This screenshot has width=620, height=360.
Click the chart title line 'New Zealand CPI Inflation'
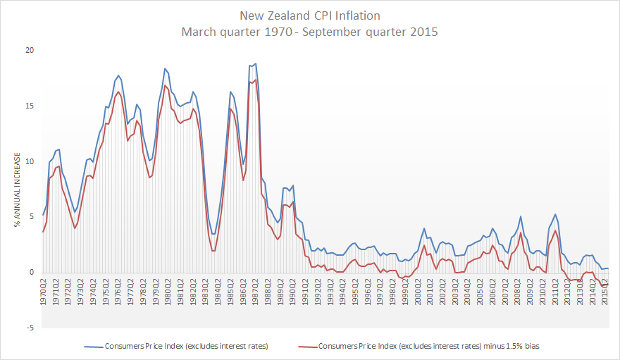click(x=309, y=15)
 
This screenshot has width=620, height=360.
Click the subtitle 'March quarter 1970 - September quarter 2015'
click(x=309, y=31)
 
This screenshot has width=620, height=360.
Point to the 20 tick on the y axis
click(x=29, y=51)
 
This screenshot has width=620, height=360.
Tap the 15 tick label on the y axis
click(x=29, y=106)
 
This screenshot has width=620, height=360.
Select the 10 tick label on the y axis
click(x=29, y=161)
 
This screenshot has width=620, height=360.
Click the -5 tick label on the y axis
click(x=29, y=328)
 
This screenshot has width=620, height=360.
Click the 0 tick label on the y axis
click(x=30, y=273)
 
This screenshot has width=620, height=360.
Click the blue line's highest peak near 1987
click(x=255, y=63)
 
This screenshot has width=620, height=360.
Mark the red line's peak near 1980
click(x=165, y=86)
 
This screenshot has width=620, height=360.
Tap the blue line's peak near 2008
click(x=521, y=216)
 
